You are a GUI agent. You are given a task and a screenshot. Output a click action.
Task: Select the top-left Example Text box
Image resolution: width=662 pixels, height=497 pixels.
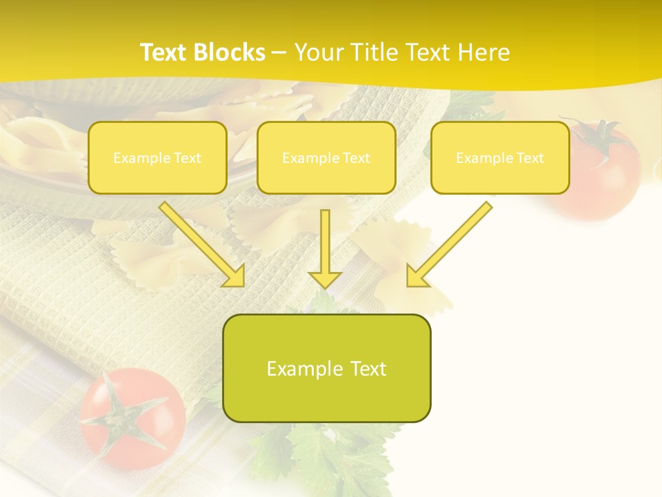tap(157, 157)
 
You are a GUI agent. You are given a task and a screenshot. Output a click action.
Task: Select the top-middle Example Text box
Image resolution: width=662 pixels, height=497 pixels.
tap(326, 157)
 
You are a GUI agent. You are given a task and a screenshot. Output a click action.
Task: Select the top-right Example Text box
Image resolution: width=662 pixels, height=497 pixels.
tap(500, 157)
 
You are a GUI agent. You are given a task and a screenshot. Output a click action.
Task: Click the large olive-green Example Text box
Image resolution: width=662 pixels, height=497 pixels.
tap(327, 369)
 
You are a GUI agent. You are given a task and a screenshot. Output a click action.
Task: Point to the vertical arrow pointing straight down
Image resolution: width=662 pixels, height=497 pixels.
tap(325, 245)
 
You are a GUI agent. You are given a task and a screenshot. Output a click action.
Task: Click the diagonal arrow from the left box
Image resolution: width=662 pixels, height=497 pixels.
tap(200, 242)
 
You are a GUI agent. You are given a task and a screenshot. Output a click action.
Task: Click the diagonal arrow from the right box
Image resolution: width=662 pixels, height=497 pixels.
tap(452, 242)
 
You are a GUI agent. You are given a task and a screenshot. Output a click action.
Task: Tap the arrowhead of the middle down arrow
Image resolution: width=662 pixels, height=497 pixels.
tap(325, 280)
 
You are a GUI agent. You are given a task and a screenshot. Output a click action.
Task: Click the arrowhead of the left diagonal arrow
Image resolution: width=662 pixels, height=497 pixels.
tap(234, 276)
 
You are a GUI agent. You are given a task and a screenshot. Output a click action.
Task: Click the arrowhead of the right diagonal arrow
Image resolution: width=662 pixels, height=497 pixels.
tap(416, 276)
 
